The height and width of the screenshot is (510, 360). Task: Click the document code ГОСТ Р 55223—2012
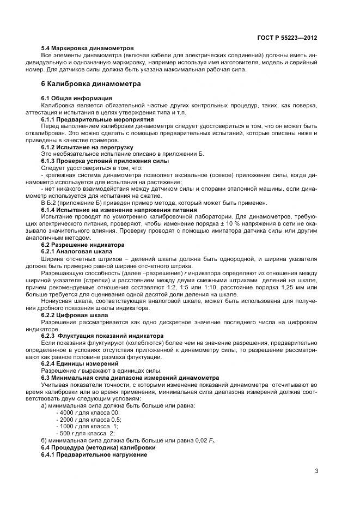pos(287,38)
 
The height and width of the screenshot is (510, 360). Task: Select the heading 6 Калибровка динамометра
pos(91,84)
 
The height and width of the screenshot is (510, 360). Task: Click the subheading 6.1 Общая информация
pos(69,98)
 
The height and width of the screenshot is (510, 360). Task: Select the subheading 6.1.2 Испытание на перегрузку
pos(80,147)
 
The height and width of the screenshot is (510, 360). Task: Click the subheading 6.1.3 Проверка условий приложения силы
pos(97,161)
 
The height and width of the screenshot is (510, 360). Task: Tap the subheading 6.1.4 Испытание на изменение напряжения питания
pos(112,210)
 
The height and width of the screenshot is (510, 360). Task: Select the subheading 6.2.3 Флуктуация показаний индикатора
pos(99,336)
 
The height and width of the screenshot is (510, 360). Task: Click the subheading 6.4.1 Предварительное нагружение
pos(94,454)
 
